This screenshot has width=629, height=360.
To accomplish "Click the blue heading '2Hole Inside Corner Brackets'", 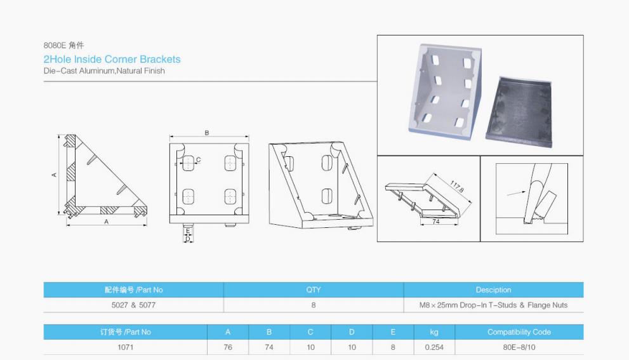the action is tap(112, 60).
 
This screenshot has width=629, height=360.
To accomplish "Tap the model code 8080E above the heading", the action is tap(55, 45).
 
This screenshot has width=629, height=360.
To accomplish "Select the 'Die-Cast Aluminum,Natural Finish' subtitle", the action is tap(104, 71).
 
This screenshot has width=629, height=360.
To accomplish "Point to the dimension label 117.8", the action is tap(457, 187).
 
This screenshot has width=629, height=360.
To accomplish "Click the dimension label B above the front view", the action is tap(207, 133).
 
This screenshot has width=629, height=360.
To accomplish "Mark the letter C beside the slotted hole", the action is tap(198, 160).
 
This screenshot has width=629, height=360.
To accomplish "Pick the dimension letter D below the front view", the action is tap(187, 239).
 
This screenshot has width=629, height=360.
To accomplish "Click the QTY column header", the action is tap(314, 290).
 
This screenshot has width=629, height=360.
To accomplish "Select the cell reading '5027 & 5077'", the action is tap(133, 305).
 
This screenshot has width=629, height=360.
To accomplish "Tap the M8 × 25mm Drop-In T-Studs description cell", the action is tap(493, 305).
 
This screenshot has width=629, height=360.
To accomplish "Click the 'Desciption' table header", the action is tap(493, 290).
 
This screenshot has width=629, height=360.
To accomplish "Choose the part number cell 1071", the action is tap(126, 347).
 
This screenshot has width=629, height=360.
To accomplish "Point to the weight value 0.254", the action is tap(434, 347).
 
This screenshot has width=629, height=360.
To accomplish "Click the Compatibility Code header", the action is tap(519, 332).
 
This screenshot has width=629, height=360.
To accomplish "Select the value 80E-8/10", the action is tap(519, 347).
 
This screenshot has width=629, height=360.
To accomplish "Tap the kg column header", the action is tap(434, 332).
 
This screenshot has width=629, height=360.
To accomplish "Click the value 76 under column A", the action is tap(228, 347).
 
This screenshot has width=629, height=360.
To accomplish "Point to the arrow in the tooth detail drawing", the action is tap(516, 194).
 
